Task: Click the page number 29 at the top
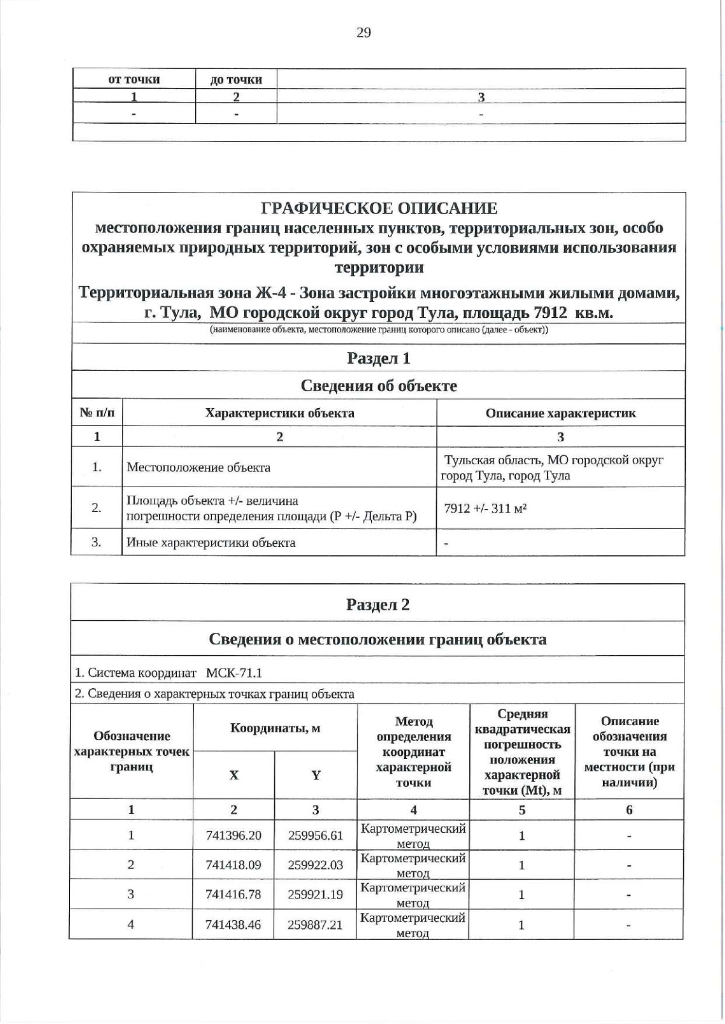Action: [x=364, y=33]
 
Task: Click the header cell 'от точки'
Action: [x=134, y=79]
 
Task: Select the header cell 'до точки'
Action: [x=236, y=79]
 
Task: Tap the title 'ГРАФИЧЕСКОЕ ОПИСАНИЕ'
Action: [x=379, y=208]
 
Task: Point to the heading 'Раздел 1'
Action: [x=379, y=358]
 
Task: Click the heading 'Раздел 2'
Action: [x=378, y=604]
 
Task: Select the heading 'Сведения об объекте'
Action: [x=379, y=386]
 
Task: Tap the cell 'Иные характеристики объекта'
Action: [x=211, y=542]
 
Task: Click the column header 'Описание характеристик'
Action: [x=561, y=413]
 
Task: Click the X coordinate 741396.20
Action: [x=233, y=836]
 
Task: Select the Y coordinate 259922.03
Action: [x=315, y=865]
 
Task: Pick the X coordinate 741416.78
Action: [x=233, y=894]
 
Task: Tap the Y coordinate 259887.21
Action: [x=315, y=924]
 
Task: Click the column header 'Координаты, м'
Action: [x=275, y=728]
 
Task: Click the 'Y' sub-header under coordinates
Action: [x=315, y=775]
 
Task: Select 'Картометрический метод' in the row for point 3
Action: [x=413, y=894]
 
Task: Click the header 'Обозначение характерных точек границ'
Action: [x=131, y=751]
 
